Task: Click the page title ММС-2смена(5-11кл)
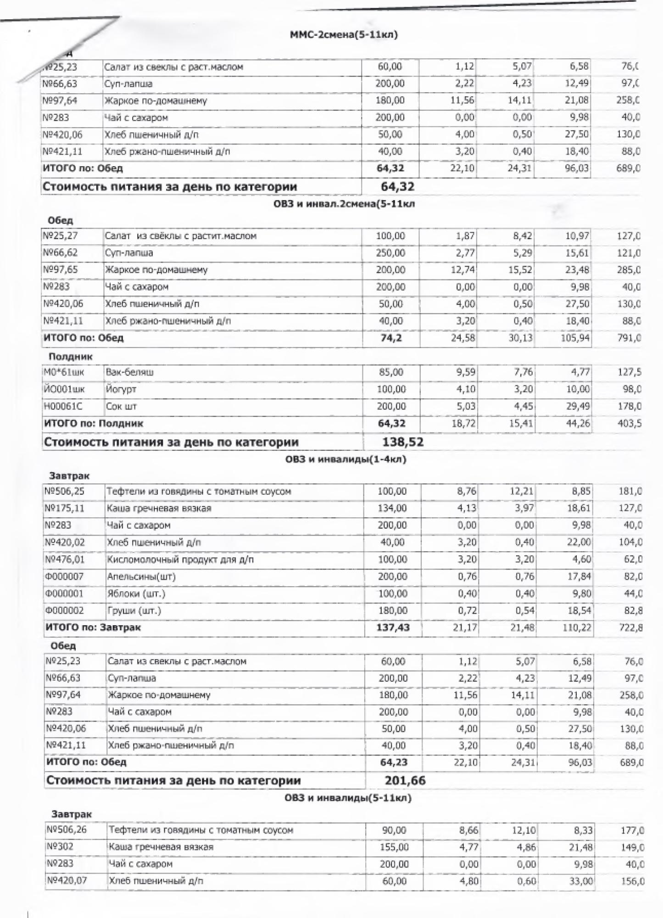click(x=344, y=35)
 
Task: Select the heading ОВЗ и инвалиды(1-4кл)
click(x=345, y=459)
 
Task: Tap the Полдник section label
click(x=70, y=356)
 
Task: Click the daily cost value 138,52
click(x=402, y=442)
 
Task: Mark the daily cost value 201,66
click(x=405, y=780)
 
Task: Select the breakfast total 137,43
click(x=393, y=627)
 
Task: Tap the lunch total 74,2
click(x=391, y=338)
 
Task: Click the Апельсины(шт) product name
click(x=141, y=577)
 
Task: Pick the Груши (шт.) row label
click(x=134, y=610)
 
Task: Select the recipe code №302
click(x=60, y=847)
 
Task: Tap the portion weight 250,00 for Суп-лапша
click(x=390, y=253)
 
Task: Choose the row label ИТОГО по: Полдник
click(x=93, y=423)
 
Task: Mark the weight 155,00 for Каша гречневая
click(x=394, y=847)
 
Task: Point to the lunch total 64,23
click(x=394, y=762)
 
